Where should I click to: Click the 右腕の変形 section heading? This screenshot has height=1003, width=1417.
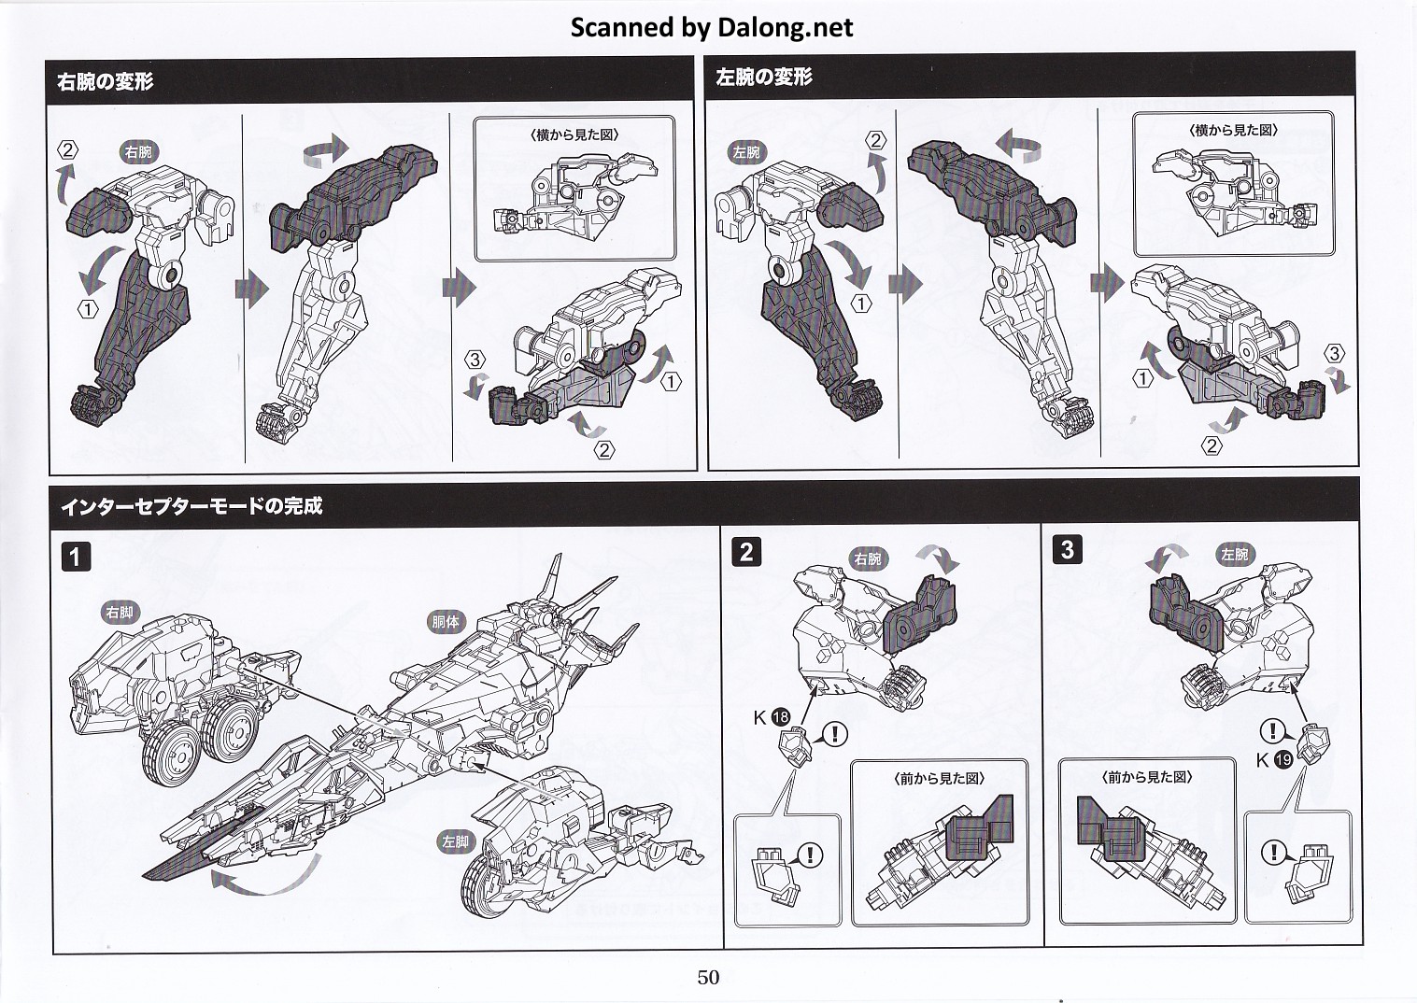click(105, 81)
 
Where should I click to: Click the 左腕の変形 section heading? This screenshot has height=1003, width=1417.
click(763, 78)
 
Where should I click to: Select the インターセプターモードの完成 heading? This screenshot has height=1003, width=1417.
click(191, 506)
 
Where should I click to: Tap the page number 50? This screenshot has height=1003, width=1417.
click(708, 977)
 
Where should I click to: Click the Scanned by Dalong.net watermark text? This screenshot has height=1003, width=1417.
click(711, 27)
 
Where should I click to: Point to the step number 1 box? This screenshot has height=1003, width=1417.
click(77, 557)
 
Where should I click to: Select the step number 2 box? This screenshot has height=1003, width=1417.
click(745, 552)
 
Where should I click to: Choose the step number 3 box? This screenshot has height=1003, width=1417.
click(1067, 550)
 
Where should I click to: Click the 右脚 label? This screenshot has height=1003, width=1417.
click(120, 614)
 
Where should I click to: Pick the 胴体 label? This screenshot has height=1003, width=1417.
click(446, 621)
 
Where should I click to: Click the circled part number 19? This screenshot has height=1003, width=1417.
click(1282, 760)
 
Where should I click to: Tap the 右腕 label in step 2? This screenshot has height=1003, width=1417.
click(868, 559)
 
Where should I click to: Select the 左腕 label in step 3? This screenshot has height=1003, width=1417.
click(1234, 555)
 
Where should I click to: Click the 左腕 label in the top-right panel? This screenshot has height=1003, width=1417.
click(746, 152)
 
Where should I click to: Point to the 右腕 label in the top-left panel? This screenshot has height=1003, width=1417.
click(138, 152)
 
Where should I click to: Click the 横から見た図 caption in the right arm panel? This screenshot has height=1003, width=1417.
click(574, 134)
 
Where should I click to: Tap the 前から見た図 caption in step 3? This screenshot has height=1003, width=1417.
click(1147, 777)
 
